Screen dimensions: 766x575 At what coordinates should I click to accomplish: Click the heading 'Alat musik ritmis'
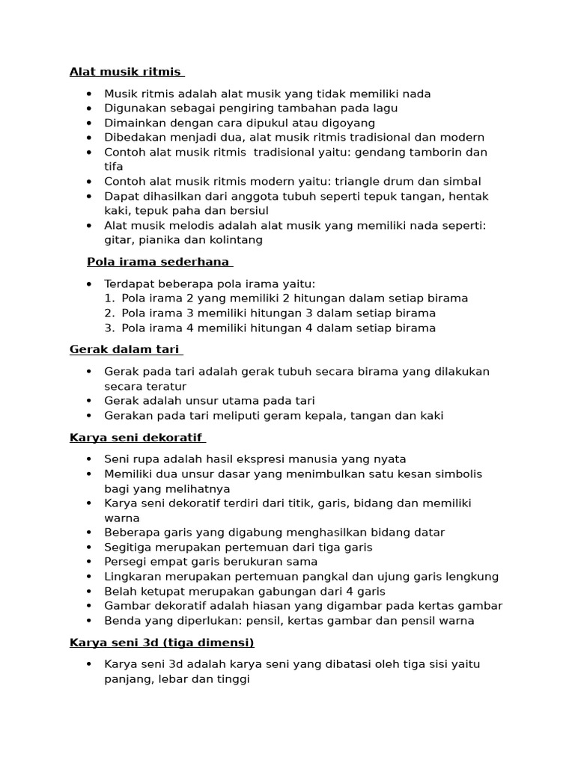(126, 72)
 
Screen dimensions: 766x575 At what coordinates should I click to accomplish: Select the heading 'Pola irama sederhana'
(159, 262)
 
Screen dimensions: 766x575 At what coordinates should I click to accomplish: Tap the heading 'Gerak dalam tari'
(125, 349)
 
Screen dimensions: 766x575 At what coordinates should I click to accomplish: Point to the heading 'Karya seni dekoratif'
(136, 437)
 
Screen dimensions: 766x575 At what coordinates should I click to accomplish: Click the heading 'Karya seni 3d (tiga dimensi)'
(162, 642)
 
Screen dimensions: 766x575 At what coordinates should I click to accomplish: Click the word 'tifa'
(113, 167)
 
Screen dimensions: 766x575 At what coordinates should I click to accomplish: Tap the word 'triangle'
(361, 182)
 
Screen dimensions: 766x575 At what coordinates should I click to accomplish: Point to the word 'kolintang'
(237, 240)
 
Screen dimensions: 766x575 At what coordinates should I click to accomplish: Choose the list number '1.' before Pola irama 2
(109, 298)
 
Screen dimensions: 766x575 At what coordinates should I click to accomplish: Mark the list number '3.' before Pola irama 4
(109, 328)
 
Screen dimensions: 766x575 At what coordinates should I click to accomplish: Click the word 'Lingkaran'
(132, 576)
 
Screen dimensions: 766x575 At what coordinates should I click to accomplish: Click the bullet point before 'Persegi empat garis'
(90, 562)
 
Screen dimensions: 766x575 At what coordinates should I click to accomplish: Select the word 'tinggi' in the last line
(231, 678)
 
